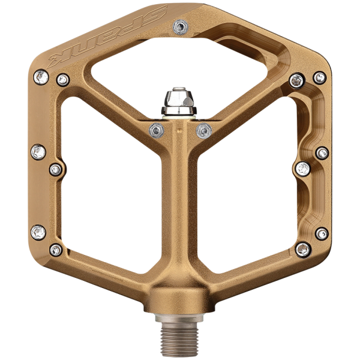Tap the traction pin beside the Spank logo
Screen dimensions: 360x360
click(x=181, y=27)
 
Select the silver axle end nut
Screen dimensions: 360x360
click(x=179, y=101)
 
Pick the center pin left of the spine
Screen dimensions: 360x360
click(x=157, y=130)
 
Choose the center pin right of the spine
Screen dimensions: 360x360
click(x=204, y=131)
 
